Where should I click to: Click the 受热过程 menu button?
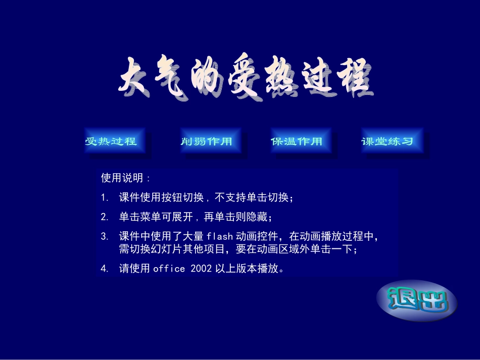[x=111, y=141]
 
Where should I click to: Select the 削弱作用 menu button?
[x=206, y=141]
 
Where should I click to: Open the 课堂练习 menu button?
[x=387, y=141]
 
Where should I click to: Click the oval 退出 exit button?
[x=417, y=301]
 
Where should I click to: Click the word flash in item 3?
[x=220, y=236]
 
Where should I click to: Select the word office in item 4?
[x=169, y=269]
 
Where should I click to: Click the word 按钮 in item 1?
[x=171, y=197]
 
